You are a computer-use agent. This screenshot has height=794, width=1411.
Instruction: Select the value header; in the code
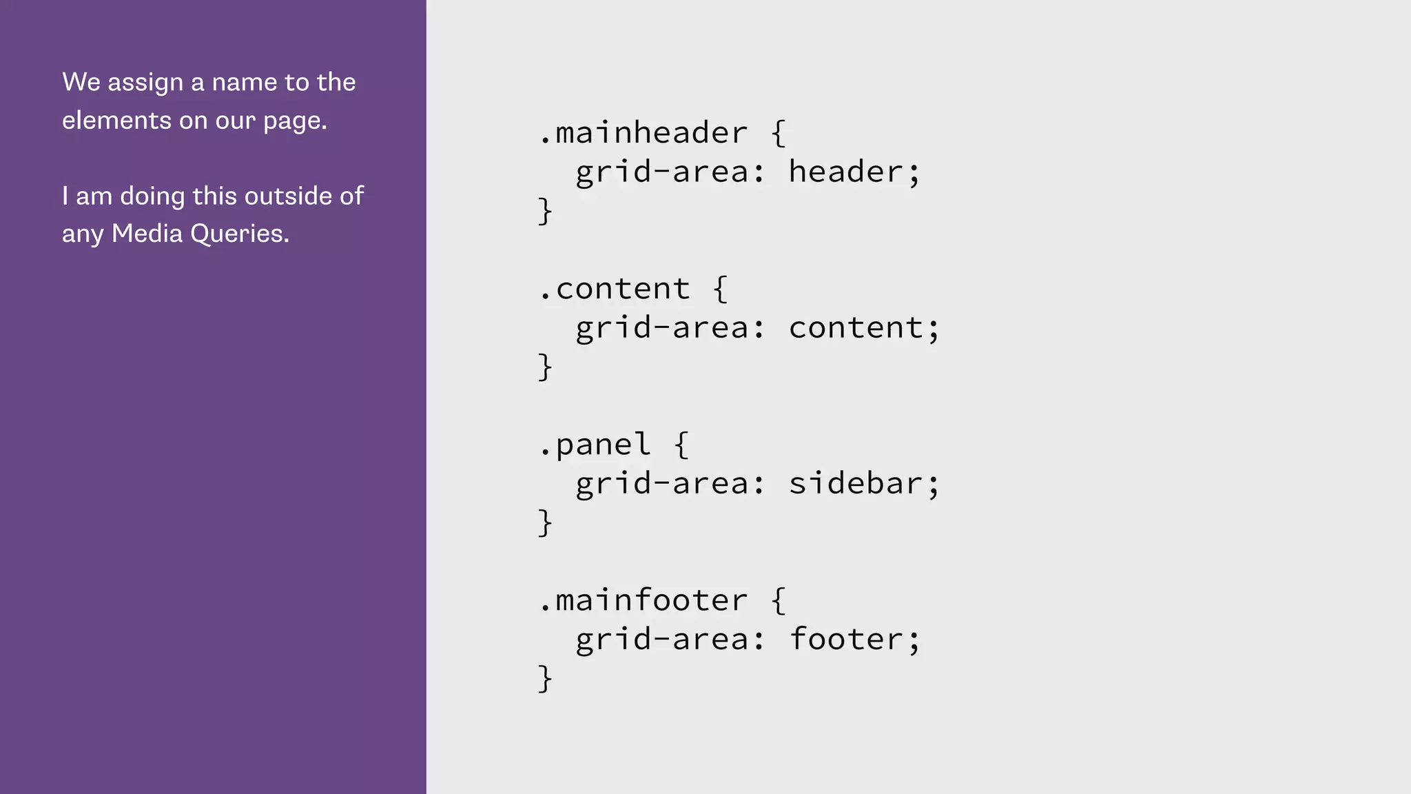[x=854, y=172]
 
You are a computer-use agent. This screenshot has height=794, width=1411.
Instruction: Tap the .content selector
[x=615, y=289]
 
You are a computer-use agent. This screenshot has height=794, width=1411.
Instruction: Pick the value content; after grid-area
[x=864, y=328]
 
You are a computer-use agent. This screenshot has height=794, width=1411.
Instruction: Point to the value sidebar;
[x=864, y=483]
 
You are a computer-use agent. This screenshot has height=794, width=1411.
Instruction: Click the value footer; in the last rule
[x=854, y=640]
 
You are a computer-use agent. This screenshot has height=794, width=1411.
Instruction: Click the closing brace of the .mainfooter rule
[x=545, y=679]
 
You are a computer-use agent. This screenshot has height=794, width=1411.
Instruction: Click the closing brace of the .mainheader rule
[x=545, y=211]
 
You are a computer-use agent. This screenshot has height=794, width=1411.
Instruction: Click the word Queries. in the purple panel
[x=240, y=234]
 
